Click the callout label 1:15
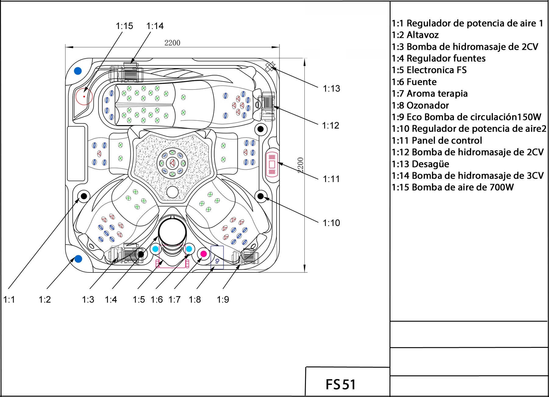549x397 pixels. [124, 26]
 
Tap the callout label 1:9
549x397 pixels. [223, 300]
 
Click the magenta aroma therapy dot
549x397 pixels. [203, 254]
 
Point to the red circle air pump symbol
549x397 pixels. [84, 97]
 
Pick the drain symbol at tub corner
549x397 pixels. [270, 66]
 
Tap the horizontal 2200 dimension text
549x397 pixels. [172, 43]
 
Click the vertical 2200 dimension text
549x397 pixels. [300, 165]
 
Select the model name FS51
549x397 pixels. [340, 384]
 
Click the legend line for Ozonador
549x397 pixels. [420, 106]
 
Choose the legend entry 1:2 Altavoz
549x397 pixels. [415, 35]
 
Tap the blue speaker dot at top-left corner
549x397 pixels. [78, 71]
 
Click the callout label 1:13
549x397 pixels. [331, 89]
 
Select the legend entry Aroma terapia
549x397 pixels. [429, 94]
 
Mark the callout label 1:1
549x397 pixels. [9, 300]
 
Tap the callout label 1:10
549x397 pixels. [331, 223]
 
